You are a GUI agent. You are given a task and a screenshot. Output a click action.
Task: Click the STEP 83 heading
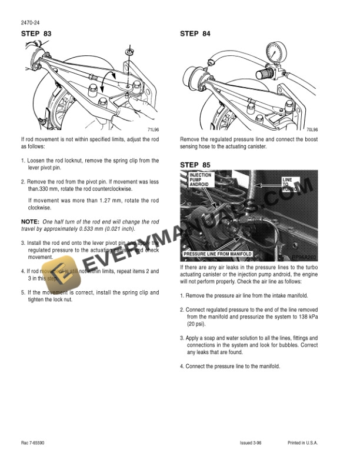36,34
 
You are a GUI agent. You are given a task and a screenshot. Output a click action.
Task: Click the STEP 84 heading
195,34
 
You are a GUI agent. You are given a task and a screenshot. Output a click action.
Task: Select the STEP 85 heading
195,165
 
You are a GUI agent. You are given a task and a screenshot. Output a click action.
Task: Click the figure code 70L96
311,130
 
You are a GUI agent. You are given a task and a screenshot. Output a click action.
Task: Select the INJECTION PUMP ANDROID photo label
200,180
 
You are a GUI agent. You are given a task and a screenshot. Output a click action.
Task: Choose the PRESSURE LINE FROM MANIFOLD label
218,254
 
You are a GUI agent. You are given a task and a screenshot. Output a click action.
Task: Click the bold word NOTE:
29,220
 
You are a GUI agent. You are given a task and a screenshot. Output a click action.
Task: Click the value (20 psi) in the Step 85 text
196,324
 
